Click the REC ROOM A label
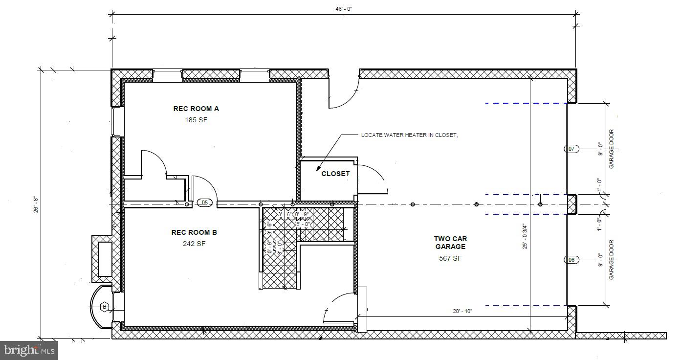pos(196,109)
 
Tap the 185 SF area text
pos(196,120)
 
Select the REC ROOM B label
pos(194,232)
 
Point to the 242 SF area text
pos(194,244)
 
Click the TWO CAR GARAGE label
pos(450,243)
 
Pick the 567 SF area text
pos(450,258)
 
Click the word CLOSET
pos(335,174)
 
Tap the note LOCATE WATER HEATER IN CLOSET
pos(409,135)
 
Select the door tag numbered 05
pos(204,202)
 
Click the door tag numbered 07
pos(572,149)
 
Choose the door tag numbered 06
pos(572,260)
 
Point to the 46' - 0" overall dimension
pos(344,9)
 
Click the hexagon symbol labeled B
pos(104,307)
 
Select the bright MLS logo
pos(29,350)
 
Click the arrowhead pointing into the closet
pos(319,166)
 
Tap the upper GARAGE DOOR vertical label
pos(611,149)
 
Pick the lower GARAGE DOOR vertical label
pos(611,260)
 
